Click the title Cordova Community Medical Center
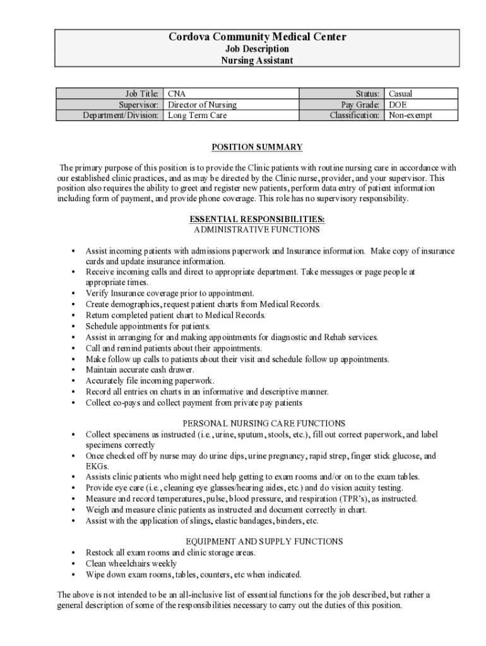coord(257,37)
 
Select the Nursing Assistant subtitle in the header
coord(257,61)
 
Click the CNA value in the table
coord(177,94)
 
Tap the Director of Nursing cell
coord(202,105)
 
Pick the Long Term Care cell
coord(197,115)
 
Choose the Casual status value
coord(401,94)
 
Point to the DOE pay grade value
coord(398,105)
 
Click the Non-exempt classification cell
coord(411,115)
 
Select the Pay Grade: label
coord(360,105)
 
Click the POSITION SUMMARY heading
coord(257,148)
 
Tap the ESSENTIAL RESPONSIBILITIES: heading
coord(257,219)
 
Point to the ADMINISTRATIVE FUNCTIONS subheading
coord(257,229)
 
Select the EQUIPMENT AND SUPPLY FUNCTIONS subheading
coord(264,541)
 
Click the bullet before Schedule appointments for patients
coord(74,327)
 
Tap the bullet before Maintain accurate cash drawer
coord(74,370)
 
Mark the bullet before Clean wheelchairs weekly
coord(74,564)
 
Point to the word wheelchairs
coord(131,563)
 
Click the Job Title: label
coord(139,94)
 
